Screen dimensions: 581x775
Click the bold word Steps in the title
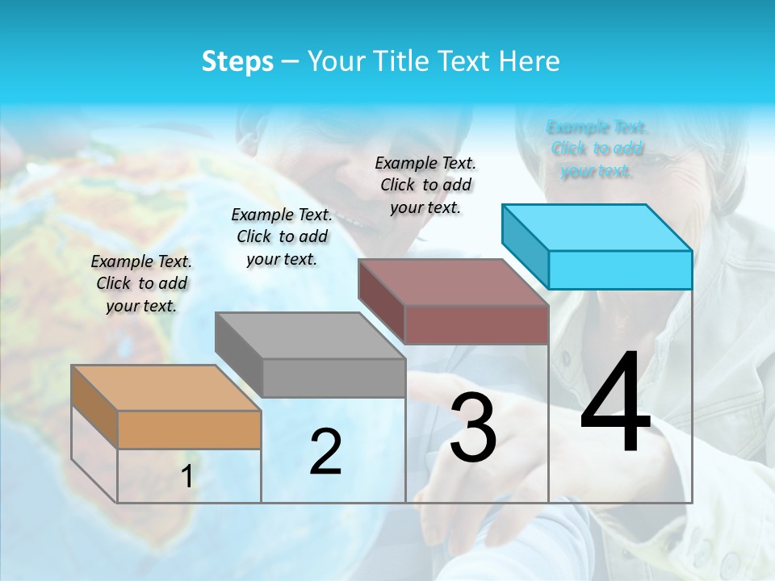(237, 61)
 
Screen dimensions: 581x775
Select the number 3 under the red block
(473, 428)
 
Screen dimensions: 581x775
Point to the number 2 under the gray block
(325, 451)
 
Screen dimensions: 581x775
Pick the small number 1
(187, 477)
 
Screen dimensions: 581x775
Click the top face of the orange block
(165, 387)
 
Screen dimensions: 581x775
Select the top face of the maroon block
(453, 282)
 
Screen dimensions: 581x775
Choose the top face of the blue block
(597, 228)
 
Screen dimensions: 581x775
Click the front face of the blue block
(620, 270)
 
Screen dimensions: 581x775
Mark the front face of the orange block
(189, 429)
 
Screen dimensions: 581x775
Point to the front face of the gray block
(333, 378)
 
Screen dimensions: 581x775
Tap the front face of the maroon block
(476, 325)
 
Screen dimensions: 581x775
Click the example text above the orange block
(141, 283)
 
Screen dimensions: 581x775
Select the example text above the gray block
(282, 236)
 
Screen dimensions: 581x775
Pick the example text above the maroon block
(425, 185)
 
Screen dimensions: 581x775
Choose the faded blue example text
(597, 148)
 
